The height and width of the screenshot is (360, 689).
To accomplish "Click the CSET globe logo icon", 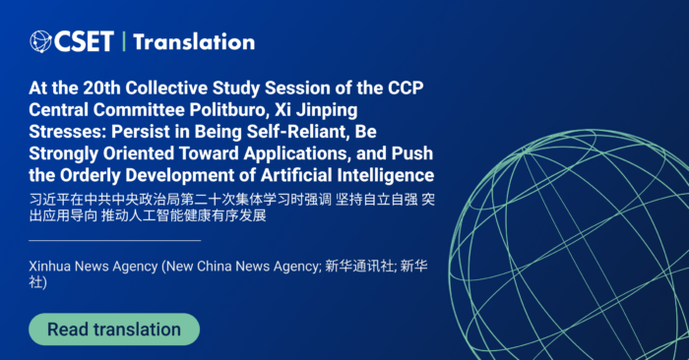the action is pos(41,41).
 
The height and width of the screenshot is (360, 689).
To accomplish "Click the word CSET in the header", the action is pos(84,41).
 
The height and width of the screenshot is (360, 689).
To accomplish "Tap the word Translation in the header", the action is pos(194,42).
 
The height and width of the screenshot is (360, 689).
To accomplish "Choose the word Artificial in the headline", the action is pos(296,176).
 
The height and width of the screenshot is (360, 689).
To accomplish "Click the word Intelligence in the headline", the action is pos(386,176).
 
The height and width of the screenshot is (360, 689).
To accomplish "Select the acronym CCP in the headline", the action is pos(406,88).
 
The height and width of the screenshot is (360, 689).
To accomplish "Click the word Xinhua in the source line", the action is pos(49,267).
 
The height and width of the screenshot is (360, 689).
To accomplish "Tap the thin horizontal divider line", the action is pos(115,240).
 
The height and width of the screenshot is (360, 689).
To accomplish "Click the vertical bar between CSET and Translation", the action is pos(123,41).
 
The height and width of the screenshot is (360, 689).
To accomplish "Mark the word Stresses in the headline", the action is pos(67,132).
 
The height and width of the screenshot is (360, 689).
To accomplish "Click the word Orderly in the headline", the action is pos(91,176).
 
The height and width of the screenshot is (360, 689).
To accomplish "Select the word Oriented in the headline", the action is pos(139,153).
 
